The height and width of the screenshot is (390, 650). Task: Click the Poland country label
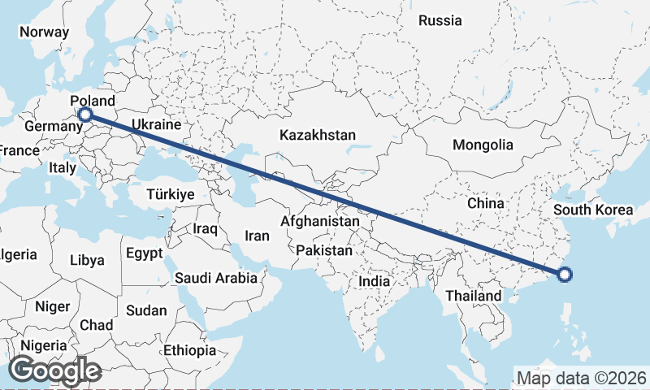[x=93, y=100]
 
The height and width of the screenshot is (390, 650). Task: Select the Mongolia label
[x=483, y=145]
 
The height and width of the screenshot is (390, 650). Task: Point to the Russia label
[x=440, y=20]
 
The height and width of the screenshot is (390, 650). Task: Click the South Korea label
[x=593, y=210]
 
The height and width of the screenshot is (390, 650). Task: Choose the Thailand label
[x=473, y=296]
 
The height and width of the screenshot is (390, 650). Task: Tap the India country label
[x=375, y=281]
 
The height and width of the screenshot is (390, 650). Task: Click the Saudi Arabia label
[x=216, y=278]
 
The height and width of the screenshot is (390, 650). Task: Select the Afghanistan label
[x=320, y=221]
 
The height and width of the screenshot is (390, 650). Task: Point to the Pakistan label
[x=324, y=250]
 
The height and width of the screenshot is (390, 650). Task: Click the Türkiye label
[x=171, y=194]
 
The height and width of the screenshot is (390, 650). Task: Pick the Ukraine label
[x=155, y=125]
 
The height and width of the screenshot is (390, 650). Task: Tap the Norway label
[x=45, y=32]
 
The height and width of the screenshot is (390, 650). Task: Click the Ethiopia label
[x=189, y=351]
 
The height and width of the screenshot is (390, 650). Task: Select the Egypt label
[x=145, y=253]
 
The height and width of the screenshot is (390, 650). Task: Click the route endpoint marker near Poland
[x=84, y=115]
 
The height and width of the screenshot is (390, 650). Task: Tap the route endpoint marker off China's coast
[x=565, y=275]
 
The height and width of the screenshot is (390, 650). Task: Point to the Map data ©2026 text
[x=582, y=378]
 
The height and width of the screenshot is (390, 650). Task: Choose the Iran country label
[x=257, y=236]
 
